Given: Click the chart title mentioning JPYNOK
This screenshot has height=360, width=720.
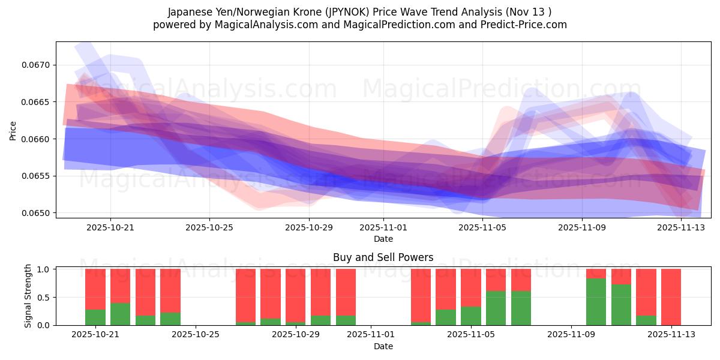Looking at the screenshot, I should pos(359,11).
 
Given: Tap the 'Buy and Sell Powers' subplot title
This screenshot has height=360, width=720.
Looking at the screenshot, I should pos(383,257).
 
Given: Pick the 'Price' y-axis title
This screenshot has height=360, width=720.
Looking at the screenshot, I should pos(13,130).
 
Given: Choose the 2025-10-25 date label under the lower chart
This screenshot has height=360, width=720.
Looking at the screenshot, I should pos(195,334).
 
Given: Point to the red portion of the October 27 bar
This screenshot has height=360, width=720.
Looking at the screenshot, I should pos(245,295).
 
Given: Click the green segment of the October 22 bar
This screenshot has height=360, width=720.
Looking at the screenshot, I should pos(120,314).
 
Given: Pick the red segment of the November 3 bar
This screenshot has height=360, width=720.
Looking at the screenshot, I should pos(421,295).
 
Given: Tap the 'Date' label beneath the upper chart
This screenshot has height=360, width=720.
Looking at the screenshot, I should pos(383,239).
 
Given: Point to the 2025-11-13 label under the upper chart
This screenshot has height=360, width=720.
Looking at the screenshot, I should pos(681,227).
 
